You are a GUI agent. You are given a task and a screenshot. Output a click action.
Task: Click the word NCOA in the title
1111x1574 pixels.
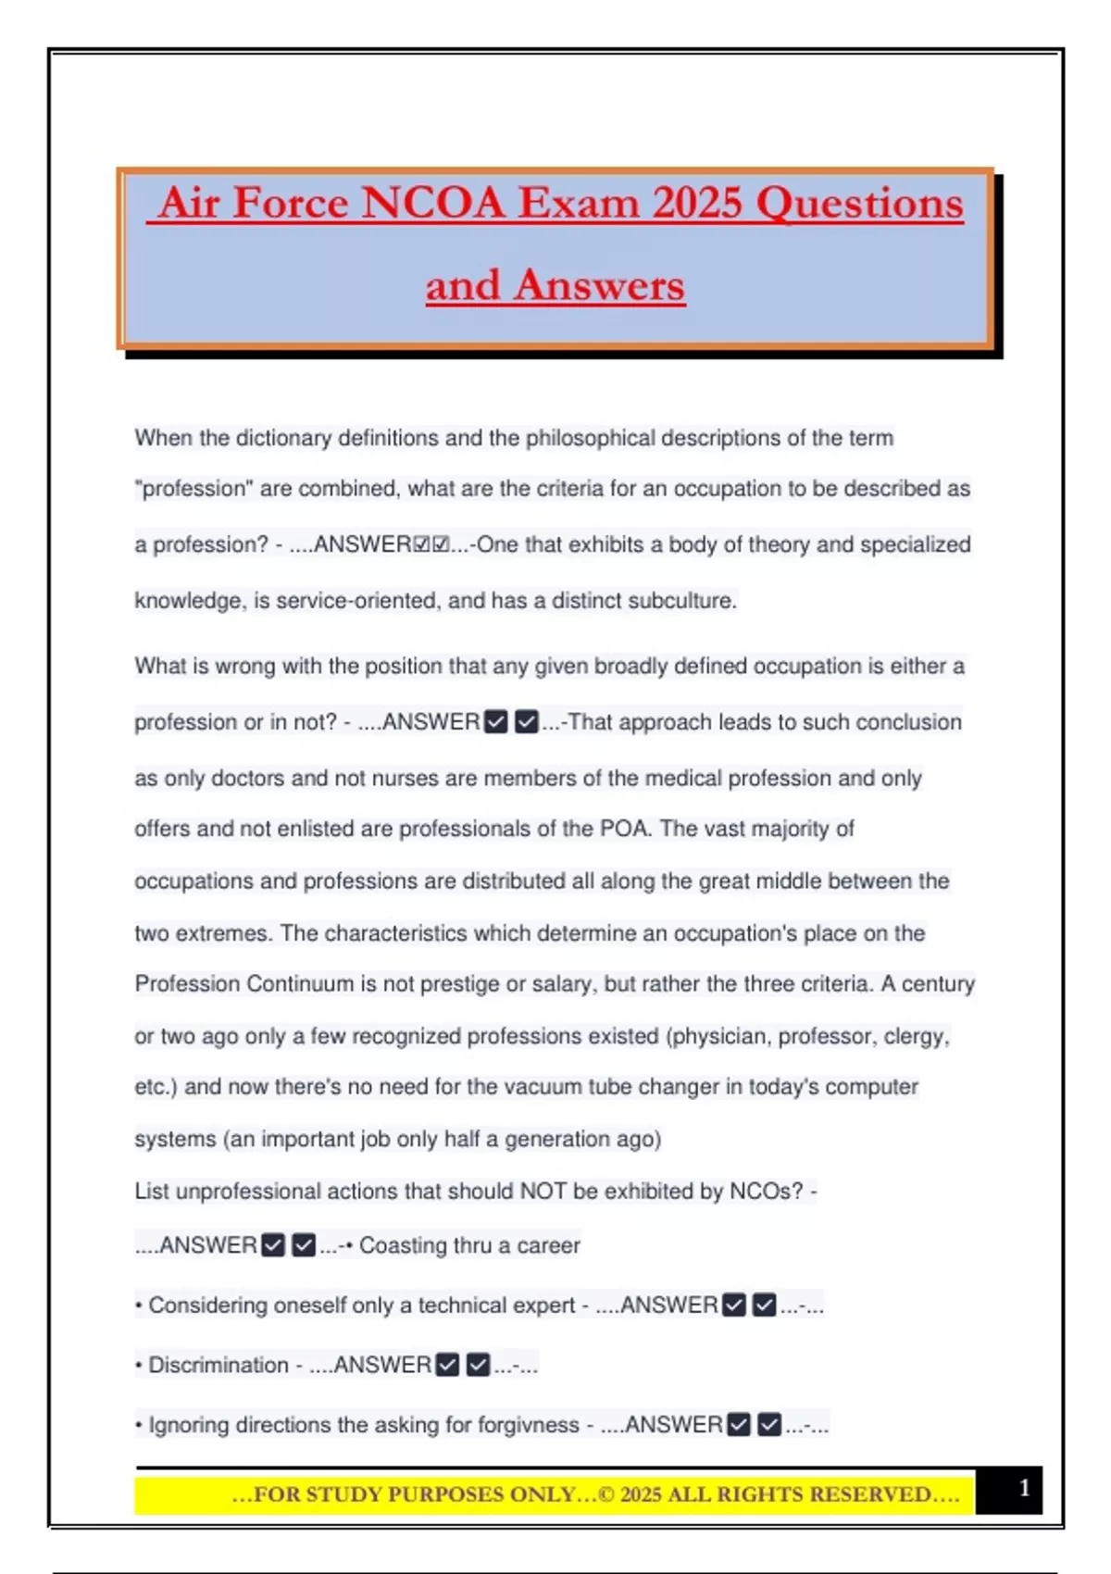(432, 202)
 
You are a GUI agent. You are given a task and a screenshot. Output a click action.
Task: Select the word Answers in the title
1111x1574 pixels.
(600, 284)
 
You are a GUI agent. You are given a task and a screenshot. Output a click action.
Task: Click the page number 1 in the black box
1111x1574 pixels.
(1024, 1488)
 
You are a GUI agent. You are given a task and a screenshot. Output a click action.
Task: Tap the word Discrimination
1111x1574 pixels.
(218, 1366)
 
